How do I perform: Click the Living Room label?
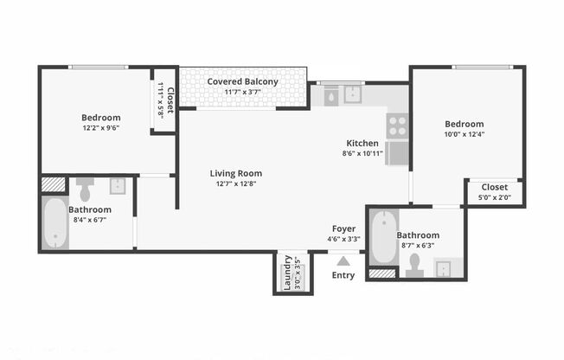click(x=235, y=173)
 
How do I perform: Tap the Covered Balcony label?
click(x=242, y=81)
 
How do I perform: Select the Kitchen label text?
click(x=362, y=143)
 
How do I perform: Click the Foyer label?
click(x=343, y=228)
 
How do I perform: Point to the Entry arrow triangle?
click(x=343, y=259)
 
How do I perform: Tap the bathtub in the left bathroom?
click(x=54, y=223)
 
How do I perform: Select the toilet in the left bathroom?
click(x=85, y=188)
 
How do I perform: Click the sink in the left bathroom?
click(x=117, y=186)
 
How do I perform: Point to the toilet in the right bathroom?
click(x=413, y=265)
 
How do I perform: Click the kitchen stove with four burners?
click(x=397, y=125)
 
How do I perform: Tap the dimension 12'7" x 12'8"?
click(x=235, y=183)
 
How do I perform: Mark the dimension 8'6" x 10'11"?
click(x=362, y=153)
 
